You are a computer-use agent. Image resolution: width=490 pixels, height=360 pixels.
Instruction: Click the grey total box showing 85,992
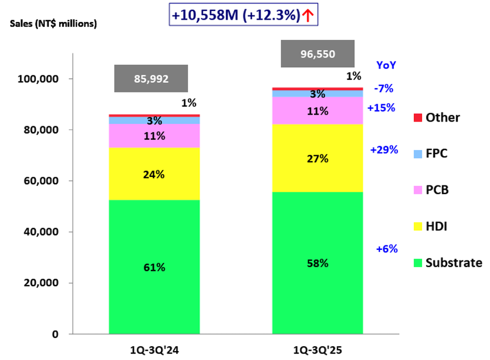click(x=151, y=78)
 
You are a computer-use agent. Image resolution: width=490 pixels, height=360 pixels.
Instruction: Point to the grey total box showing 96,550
click(x=318, y=54)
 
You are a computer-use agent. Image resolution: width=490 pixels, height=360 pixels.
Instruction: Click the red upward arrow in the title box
click(x=308, y=16)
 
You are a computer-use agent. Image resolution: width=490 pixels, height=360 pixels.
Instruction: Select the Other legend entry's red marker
click(x=417, y=118)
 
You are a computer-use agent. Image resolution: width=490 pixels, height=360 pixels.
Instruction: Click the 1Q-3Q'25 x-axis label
click(x=318, y=350)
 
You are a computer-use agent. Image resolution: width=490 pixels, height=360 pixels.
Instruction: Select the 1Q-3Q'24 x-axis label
click(x=153, y=350)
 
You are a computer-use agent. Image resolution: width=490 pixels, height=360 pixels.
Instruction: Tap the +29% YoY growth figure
click(x=384, y=150)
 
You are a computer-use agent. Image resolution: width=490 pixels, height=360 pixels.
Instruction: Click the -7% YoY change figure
click(x=383, y=89)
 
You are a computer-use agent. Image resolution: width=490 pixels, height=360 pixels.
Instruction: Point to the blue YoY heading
click(x=386, y=65)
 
